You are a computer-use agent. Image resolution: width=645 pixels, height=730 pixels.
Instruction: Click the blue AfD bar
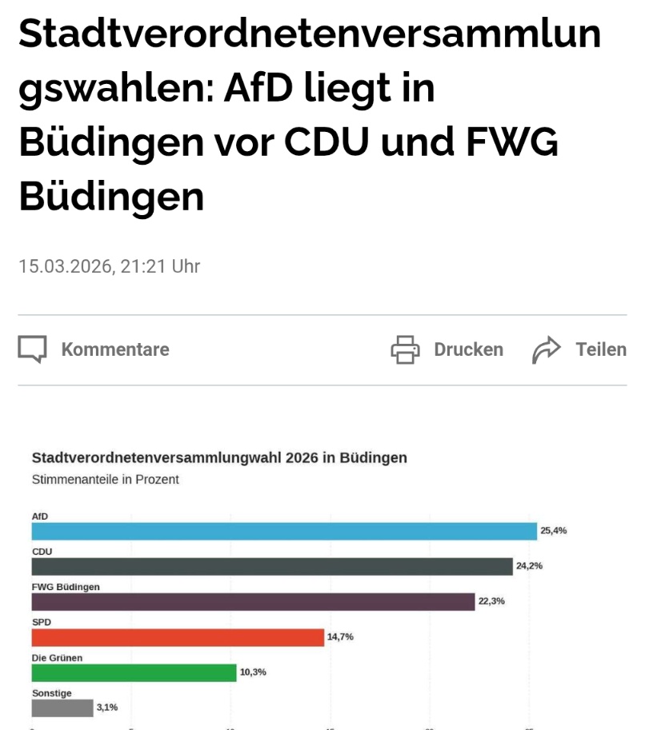284,531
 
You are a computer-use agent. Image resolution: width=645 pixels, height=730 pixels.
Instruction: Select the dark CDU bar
272,566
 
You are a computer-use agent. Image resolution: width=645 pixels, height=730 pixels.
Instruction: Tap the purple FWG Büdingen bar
253,601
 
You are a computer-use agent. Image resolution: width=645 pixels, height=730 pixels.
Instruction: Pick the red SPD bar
178,637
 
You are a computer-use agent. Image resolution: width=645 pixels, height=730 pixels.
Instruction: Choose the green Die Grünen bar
134,672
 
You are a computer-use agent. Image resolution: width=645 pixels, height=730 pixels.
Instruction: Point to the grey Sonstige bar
62,708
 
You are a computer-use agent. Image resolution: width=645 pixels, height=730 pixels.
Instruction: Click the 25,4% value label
554,530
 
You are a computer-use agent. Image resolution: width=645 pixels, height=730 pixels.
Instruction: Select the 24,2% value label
530,566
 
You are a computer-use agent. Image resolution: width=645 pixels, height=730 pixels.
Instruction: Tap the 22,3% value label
491,601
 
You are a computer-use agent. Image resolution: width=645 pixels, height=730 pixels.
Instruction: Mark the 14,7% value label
340,637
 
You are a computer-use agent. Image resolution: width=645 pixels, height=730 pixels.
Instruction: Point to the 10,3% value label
253,672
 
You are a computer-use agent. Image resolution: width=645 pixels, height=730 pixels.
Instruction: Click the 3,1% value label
107,708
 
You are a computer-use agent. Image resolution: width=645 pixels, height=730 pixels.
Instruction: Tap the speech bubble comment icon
33,349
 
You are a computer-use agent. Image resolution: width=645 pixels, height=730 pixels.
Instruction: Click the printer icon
405,349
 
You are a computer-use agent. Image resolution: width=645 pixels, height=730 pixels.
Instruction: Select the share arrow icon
547,349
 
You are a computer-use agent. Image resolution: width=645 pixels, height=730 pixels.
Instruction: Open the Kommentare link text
115,349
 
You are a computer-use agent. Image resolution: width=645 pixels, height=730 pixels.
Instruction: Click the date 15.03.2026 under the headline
65,266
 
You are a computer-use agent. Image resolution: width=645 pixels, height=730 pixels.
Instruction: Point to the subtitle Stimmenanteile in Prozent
105,480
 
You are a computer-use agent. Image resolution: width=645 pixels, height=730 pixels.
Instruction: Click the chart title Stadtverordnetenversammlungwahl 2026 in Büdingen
219,458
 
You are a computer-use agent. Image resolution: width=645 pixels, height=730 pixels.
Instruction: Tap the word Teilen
601,349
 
